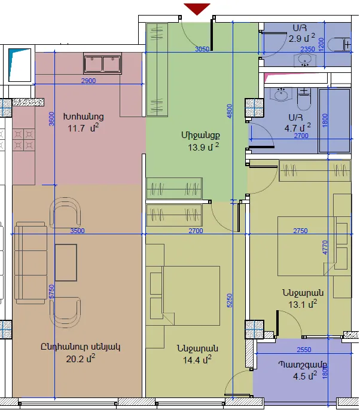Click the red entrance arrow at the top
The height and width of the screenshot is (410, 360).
[x=197, y=8]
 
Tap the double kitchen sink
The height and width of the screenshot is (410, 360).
[x=103, y=63]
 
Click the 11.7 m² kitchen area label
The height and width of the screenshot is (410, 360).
[x=83, y=128]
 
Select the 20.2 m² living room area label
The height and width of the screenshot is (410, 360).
[x=81, y=359]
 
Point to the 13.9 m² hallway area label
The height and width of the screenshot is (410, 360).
[x=203, y=147]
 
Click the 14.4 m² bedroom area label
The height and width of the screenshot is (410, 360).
[x=197, y=360]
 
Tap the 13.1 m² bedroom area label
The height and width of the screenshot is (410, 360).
[x=303, y=304]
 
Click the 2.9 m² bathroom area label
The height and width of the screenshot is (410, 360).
[x=301, y=38]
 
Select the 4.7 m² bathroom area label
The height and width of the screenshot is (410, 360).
[x=297, y=128]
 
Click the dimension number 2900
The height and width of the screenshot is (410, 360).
[x=89, y=81]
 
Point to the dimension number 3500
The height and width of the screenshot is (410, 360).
[x=78, y=231]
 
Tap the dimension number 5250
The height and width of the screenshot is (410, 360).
[x=229, y=301]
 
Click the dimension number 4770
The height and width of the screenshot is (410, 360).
[x=325, y=247]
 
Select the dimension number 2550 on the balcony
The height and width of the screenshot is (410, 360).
[x=304, y=350]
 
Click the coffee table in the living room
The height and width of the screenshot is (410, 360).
[x=66, y=262]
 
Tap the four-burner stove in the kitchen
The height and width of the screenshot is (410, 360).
[x=23, y=140]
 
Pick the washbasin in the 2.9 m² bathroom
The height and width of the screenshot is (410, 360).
[x=305, y=60]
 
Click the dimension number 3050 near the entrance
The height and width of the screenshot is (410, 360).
[x=202, y=49]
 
